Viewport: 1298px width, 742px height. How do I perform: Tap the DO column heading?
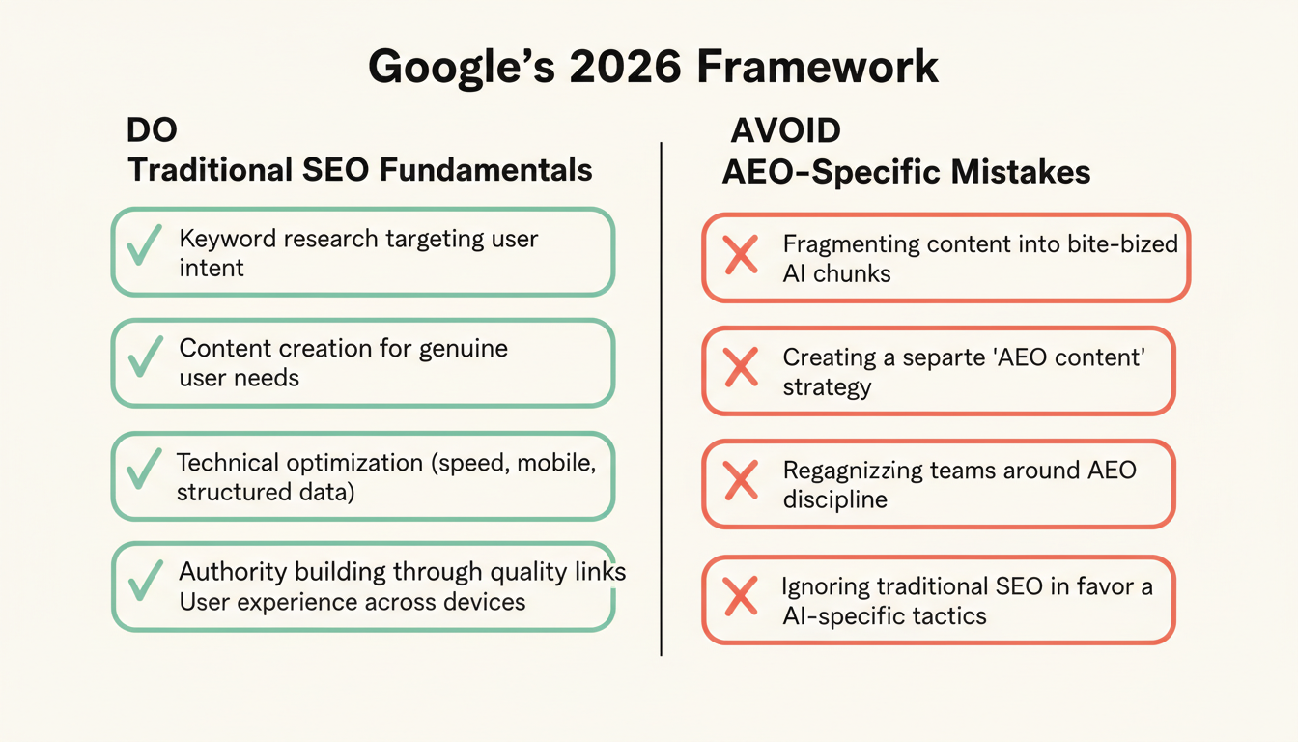point(152,131)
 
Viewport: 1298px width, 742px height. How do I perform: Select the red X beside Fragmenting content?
point(741,256)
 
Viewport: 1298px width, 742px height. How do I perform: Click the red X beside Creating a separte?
point(741,369)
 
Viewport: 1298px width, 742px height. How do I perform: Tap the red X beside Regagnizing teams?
point(741,482)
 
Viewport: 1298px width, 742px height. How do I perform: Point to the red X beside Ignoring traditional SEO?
point(741,597)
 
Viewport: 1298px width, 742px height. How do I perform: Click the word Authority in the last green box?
point(227,572)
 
